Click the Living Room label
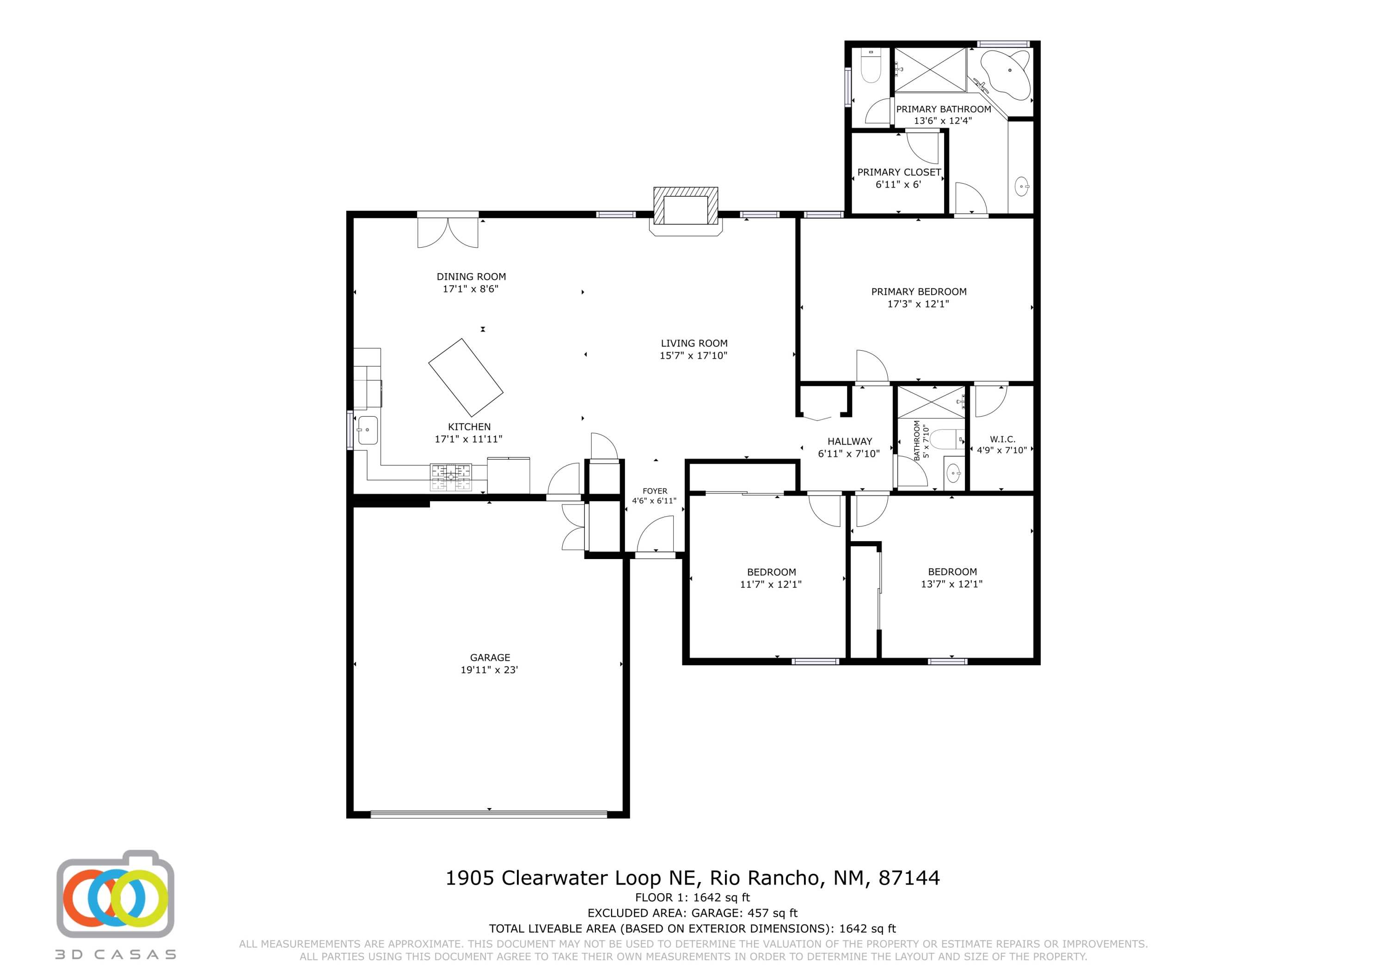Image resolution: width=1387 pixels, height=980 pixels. pyautogui.click(x=693, y=343)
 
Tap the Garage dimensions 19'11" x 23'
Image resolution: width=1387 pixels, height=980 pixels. pyautogui.click(x=489, y=670)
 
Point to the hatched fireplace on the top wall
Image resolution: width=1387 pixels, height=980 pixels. pyautogui.click(x=686, y=206)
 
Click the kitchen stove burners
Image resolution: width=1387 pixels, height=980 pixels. pyautogui.click(x=451, y=476)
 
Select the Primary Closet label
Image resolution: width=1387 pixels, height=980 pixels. pyautogui.click(x=898, y=172)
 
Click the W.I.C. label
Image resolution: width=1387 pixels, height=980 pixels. pyautogui.click(x=1002, y=439)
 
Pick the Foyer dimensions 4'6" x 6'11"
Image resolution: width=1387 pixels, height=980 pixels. pyautogui.click(x=654, y=500)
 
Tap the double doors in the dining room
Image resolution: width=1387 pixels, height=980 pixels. pyautogui.click(x=448, y=232)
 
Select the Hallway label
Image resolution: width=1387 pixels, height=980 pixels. pyautogui.click(x=849, y=441)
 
